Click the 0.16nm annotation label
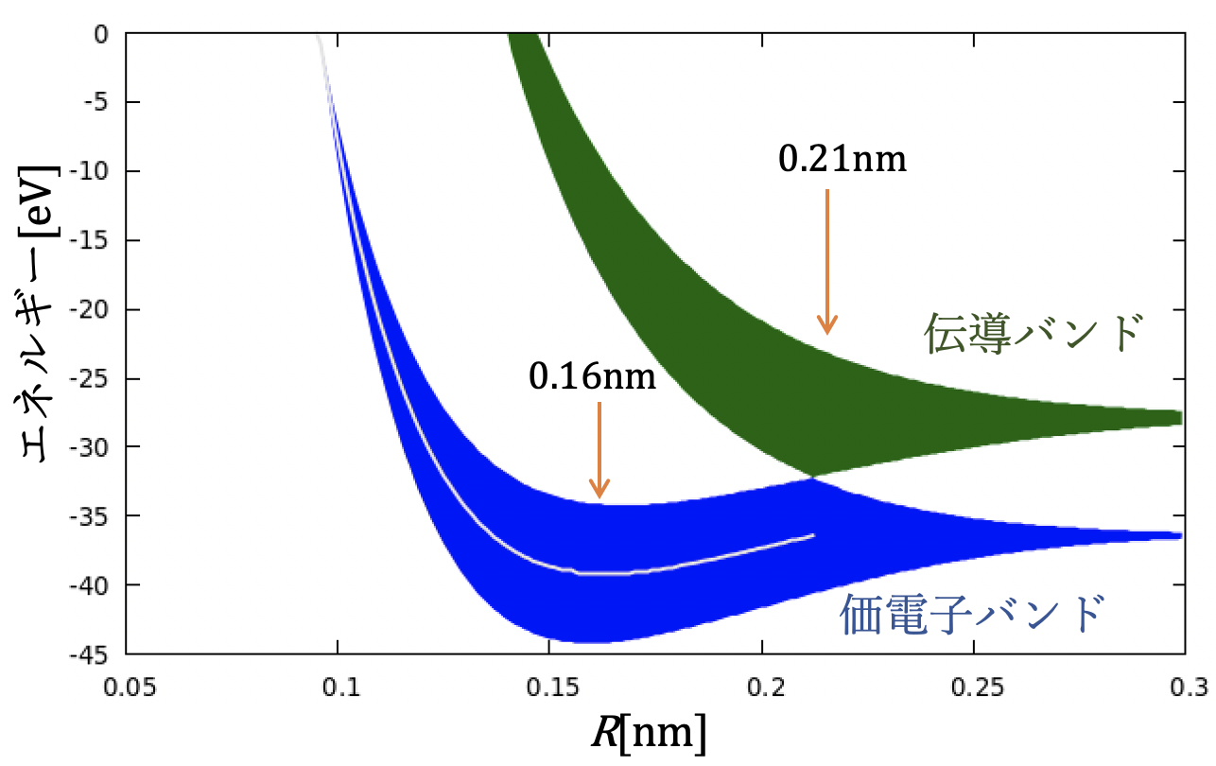click(592, 376)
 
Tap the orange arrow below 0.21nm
click(827, 261)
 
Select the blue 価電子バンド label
click(972, 615)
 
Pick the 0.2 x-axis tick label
click(761, 683)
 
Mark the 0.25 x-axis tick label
click(973, 683)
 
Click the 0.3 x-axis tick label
click(1184, 683)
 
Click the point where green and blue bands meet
click(811, 477)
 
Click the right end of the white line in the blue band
click(813, 535)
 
